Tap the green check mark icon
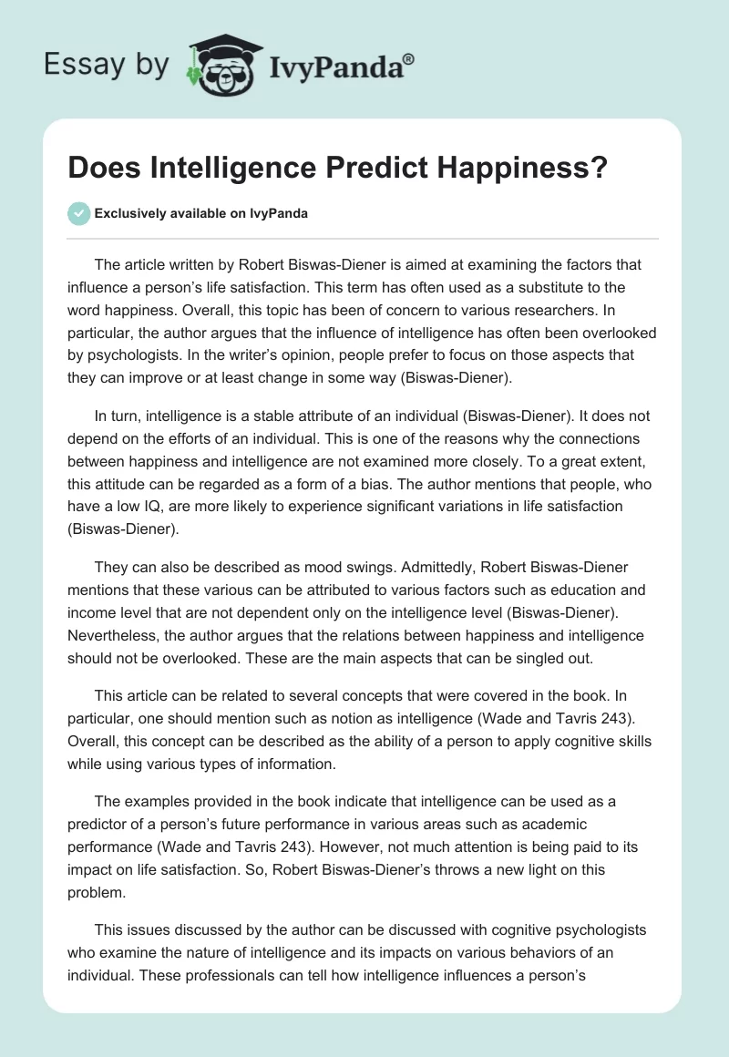pos(77,213)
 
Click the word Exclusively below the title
pos(130,214)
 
